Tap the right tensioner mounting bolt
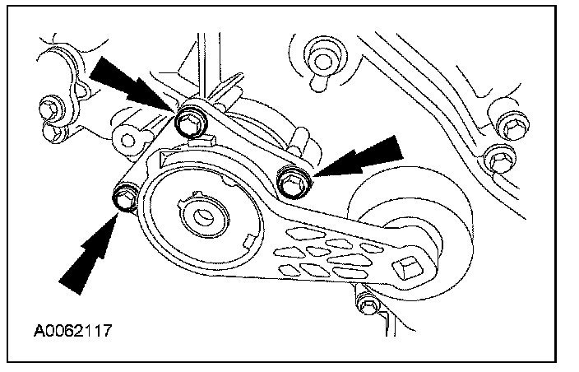pyautogui.click(x=291, y=179)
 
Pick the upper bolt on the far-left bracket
pyautogui.click(x=51, y=107)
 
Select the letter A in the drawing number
pyautogui.click(x=38, y=332)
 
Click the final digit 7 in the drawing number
pyautogui.click(x=107, y=332)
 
